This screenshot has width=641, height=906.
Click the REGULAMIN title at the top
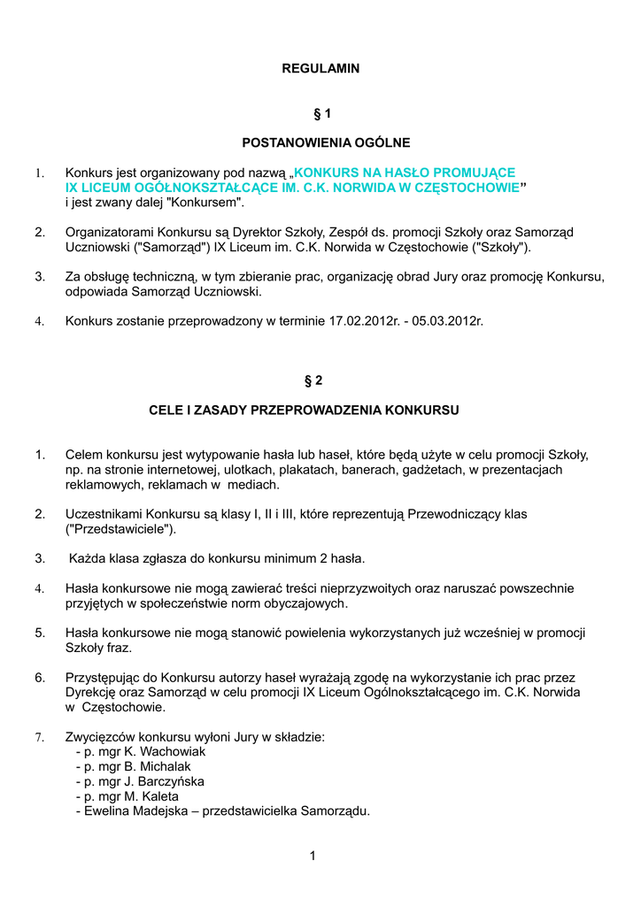click(320, 68)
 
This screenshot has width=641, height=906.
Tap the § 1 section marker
click(321, 114)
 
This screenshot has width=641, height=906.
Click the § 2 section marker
click(313, 381)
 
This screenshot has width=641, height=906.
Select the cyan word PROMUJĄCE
click(475, 173)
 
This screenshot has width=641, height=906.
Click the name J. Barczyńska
click(168, 781)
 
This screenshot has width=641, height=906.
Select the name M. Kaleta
click(155, 796)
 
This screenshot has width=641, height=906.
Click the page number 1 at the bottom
click(313, 856)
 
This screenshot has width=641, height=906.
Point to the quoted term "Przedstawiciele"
click(121, 529)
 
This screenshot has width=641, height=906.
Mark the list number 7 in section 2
click(40, 737)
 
